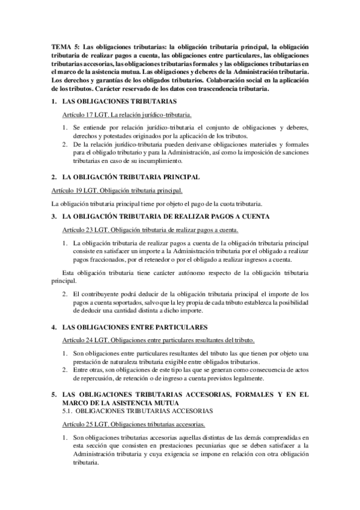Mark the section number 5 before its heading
coord(53,395)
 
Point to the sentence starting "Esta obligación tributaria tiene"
coord(180,277)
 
